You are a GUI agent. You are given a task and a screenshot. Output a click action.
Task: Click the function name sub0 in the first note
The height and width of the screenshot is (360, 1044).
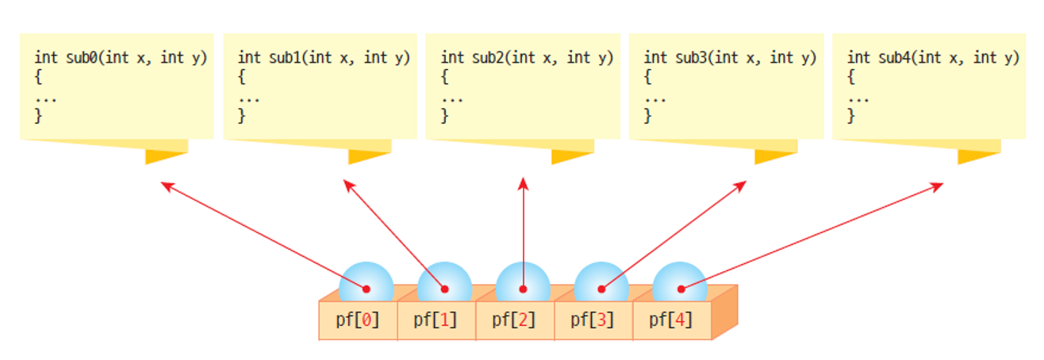[x=78, y=58]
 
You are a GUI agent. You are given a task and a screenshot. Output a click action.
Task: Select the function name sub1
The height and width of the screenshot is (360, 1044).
[x=281, y=58]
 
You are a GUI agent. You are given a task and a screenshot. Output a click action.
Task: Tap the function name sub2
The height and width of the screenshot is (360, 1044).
[x=484, y=58]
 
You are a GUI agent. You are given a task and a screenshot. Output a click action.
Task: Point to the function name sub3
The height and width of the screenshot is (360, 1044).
[x=687, y=58]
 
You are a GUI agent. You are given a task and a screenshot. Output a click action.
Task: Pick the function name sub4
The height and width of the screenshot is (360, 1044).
[x=890, y=58]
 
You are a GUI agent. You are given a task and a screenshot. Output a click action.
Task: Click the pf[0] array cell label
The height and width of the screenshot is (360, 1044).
[x=357, y=320]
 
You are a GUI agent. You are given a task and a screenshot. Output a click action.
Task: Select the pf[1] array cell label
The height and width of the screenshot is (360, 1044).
[x=436, y=320]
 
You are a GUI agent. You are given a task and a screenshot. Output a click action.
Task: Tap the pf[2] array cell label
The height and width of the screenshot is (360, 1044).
[x=514, y=320]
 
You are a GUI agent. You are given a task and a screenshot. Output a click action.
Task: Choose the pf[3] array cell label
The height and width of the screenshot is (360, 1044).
[x=593, y=320]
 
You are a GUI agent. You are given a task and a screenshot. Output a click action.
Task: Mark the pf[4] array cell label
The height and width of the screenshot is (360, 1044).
[x=671, y=320]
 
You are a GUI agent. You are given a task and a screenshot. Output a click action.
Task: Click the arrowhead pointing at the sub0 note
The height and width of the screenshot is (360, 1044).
[x=164, y=186]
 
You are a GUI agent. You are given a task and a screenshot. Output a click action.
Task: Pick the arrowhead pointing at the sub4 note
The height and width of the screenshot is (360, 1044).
[x=938, y=186]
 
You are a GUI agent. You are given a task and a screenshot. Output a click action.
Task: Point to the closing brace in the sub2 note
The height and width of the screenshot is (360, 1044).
[x=445, y=116]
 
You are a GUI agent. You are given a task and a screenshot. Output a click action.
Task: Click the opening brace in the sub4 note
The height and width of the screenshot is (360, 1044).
[x=851, y=78]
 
